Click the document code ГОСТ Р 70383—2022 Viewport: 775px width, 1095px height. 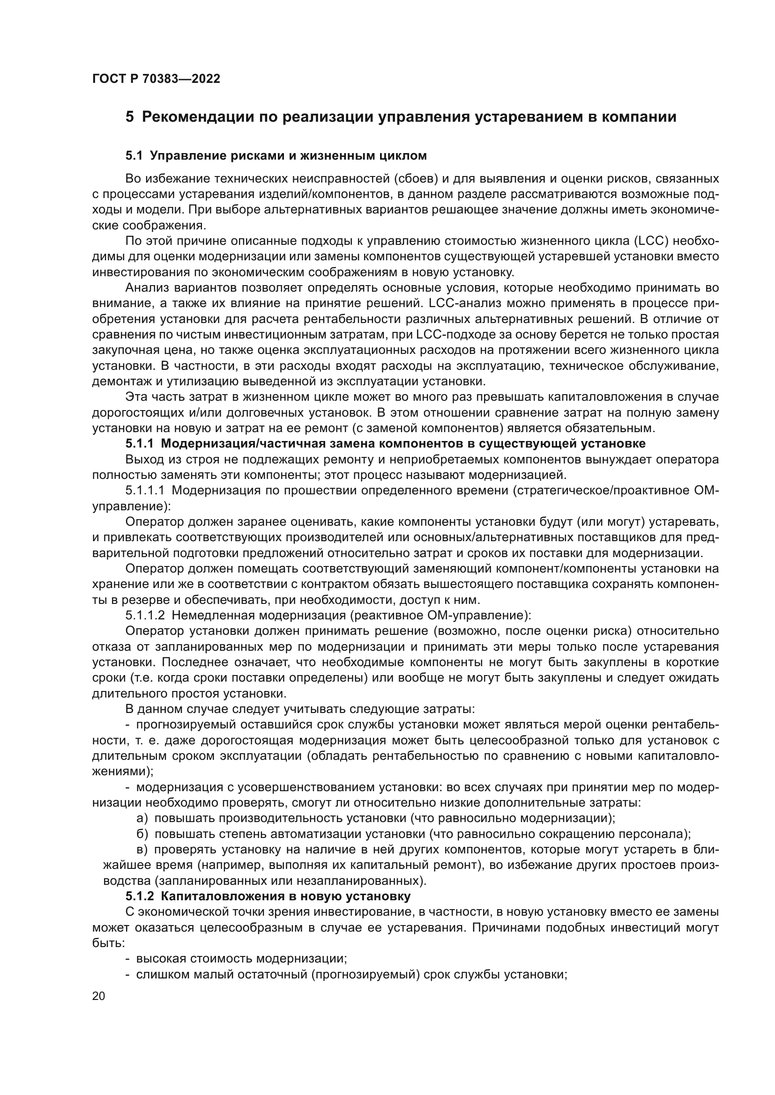[x=156, y=79]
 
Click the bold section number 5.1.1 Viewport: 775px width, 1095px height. [x=139, y=443]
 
